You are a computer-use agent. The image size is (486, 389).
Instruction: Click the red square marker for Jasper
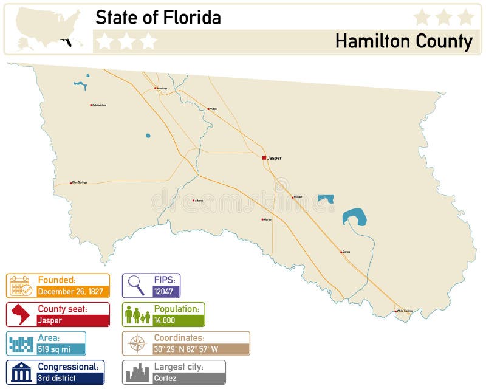click(264, 158)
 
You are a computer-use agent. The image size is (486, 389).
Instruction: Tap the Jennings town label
click(162, 88)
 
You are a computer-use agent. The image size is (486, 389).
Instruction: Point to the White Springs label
click(405, 311)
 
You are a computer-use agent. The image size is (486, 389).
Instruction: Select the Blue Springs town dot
click(71, 182)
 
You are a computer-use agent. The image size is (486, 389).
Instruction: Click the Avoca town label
click(213, 109)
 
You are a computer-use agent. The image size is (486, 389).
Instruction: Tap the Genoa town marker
click(341, 252)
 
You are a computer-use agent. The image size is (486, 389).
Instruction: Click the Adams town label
click(199, 201)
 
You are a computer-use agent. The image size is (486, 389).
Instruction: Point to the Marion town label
click(268, 219)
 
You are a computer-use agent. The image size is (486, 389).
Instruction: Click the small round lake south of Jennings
click(148, 136)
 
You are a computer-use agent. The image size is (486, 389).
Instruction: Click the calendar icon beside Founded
click(21, 286)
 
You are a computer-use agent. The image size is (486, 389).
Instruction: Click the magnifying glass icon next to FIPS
click(136, 285)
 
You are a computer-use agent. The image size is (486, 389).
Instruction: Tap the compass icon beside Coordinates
click(137, 343)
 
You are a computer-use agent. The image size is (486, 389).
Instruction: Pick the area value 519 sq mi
click(53, 349)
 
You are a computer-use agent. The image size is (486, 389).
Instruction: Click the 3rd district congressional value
click(56, 378)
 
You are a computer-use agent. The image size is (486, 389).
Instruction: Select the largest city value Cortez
click(165, 378)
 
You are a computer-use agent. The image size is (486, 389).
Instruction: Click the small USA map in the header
click(49, 29)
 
